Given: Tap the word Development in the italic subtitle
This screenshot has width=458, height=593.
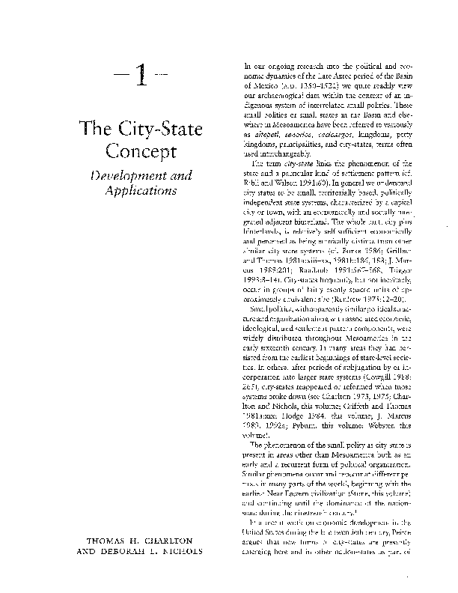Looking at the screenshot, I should click(x=124, y=175).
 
